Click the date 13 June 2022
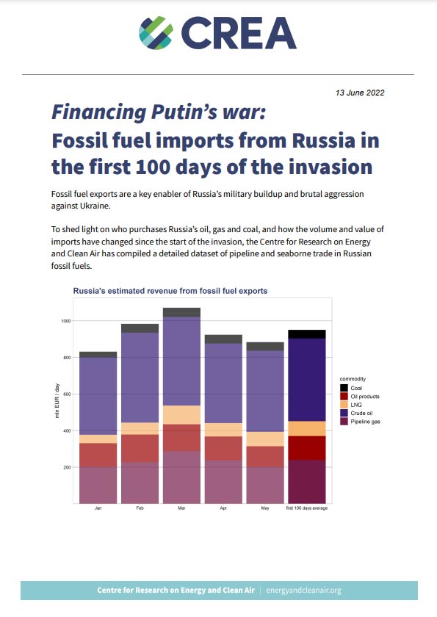(x=359, y=93)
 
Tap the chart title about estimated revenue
(x=170, y=291)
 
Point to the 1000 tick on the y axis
(x=66, y=321)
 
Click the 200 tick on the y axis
(x=66, y=467)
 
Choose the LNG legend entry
(x=355, y=404)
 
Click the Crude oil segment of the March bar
(x=181, y=360)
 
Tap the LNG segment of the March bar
(x=181, y=414)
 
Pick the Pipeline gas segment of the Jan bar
(x=98, y=485)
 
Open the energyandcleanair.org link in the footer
(x=303, y=590)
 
